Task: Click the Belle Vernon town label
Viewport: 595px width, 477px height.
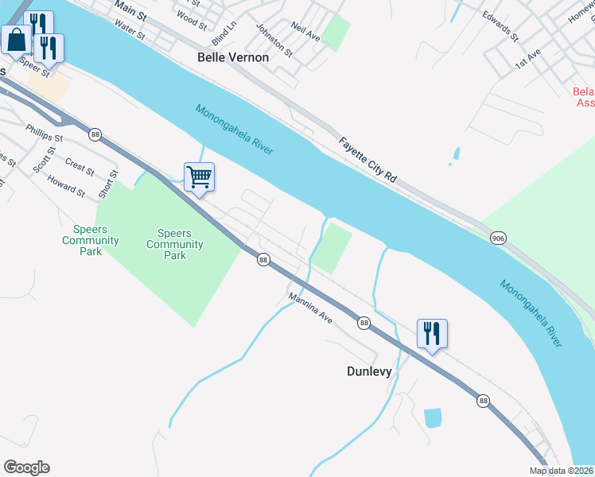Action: [x=233, y=57]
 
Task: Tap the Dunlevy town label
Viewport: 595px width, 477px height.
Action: [x=370, y=371]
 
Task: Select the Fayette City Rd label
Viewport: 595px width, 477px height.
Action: [x=367, y=161]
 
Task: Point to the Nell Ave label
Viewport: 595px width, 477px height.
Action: [x=305, y=33]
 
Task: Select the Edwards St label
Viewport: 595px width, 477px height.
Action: [x=500, y=27]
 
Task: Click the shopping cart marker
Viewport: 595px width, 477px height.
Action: [x=199, y=176]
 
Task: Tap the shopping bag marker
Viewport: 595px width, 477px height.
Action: [x=16, y=38]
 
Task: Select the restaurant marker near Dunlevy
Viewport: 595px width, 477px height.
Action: [x=432, y=333]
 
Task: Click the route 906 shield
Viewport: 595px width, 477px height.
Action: [x=498, y=238]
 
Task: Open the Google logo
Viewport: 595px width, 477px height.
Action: [x=26, y=467]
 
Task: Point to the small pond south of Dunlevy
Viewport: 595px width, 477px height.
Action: [x=433, y=417]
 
